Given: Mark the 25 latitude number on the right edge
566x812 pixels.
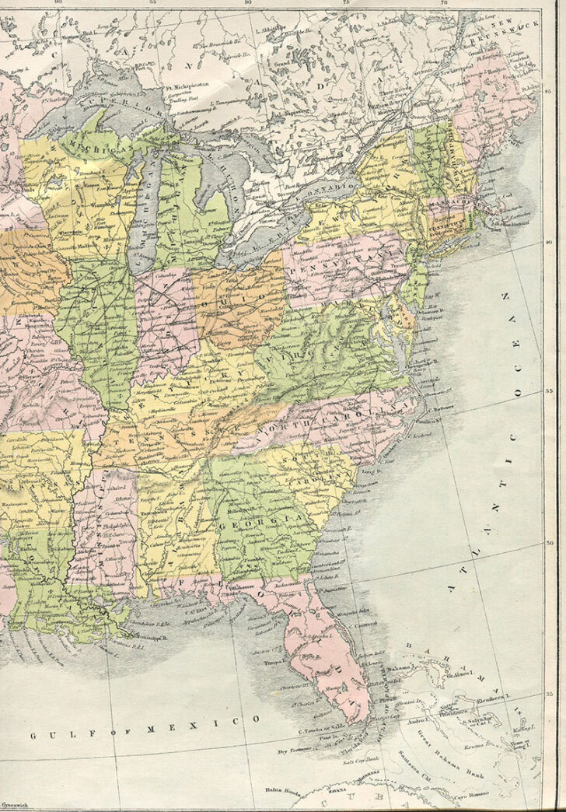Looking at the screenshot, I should click(549, 691).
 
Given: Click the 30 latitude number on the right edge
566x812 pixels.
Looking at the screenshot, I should click(549, 543).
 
